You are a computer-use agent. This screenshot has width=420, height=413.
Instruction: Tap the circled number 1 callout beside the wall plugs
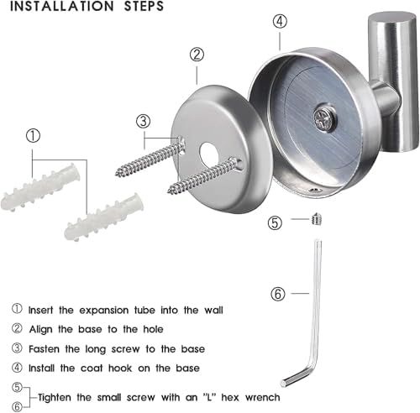tap(32, 134)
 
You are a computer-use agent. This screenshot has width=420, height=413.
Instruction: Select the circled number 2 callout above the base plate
tap(197, 55)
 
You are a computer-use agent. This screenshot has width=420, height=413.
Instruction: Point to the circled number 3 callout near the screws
tap(144, 120)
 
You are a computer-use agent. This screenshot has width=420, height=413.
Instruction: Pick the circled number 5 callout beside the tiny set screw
tap(276, 222)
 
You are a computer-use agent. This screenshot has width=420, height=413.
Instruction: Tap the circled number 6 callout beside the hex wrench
tap(279, 294)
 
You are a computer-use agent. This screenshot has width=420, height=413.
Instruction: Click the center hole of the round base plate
tap(209, 156)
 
